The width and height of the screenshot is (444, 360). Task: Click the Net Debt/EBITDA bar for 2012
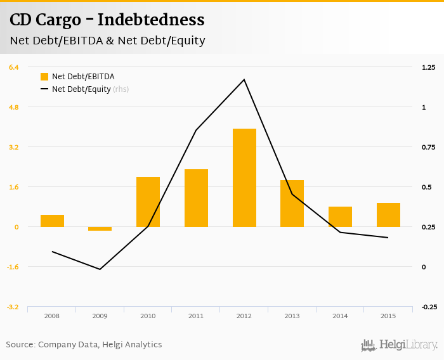pos(244,177)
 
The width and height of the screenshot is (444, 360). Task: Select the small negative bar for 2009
pos(100,229)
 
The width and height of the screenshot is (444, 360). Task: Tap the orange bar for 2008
pos(52,221)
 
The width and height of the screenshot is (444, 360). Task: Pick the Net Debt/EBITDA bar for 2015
pos(388,215)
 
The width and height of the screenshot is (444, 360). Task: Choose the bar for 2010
pos(148,202)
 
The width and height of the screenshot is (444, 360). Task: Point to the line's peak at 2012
pos(244,80)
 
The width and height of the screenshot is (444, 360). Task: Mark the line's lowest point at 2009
pos(100,269)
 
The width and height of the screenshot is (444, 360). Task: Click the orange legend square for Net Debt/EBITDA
pos(44,77)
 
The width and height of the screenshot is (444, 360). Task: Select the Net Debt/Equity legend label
pos(81,89)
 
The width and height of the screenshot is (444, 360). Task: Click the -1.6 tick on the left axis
pos(13,267)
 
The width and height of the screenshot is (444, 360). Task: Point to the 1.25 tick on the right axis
pos(429,67)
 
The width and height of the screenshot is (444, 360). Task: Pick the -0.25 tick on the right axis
pos(429,307)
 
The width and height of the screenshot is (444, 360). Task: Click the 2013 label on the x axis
pos(292,316)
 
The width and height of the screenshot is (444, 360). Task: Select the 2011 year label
pos(196,316)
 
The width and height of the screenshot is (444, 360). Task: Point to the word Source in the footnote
pos(20,345)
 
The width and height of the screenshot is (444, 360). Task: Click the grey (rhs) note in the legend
pos(121,89)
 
